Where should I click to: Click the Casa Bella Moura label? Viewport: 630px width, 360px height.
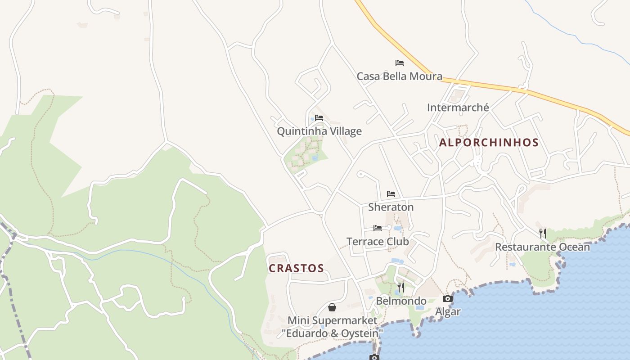pos(399,76)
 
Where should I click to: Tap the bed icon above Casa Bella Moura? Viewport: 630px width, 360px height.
pos(399,63)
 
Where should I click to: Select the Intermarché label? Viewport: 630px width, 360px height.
pos(458,108)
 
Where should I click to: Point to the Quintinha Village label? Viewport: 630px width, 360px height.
pos(319,131)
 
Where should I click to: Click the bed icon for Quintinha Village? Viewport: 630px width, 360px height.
pos(319,118)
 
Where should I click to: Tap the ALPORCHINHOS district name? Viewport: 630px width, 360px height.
pos(489,143)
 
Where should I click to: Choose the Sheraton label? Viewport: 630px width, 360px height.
pos(391,207)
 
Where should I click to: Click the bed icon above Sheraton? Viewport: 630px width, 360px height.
pos(391,194)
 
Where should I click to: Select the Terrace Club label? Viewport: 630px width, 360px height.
pos(378,242)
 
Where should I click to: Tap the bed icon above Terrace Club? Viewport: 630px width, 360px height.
pos(378,228)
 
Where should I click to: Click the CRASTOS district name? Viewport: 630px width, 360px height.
pos(296,268)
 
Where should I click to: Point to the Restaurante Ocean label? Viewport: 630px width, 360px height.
pos(542,247)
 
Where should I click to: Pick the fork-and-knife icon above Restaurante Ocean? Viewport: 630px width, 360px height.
pos(543,233)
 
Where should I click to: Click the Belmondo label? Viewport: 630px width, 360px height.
pos(401,301)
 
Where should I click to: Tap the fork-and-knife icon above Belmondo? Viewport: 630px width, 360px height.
pos(400,287)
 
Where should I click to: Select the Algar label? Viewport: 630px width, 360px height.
pos(448,311)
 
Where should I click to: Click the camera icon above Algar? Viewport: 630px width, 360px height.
pos(447,298)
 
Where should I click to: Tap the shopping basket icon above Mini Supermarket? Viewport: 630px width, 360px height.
pos(332,307)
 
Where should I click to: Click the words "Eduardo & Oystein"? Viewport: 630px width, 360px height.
pos(333,333)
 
